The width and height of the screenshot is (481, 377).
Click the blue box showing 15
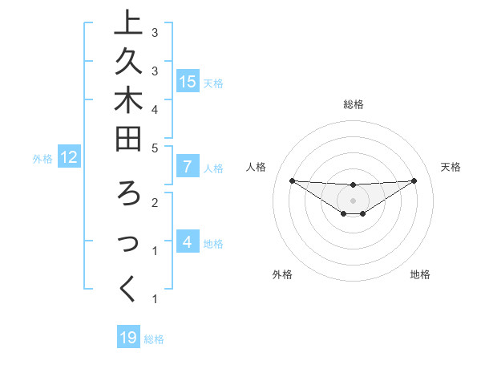tap(188, 81)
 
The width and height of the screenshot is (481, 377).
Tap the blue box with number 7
tap(188, 167)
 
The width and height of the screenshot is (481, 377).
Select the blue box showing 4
tap(188, 241)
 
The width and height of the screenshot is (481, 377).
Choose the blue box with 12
tap(70, 157)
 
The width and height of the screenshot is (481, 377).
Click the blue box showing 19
tap(128, 338)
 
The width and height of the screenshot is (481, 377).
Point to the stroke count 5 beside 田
tap(155, 148)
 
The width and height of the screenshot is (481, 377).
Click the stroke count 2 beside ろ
tap(155, 203)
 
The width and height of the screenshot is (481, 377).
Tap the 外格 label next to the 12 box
tap(42, 159)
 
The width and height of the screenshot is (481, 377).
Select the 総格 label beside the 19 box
tap(155, 339)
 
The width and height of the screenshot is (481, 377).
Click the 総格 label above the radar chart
tap(354, 104)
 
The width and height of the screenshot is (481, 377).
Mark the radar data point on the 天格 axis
tap(414, 180)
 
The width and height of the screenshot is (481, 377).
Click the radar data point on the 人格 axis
tap(292, 180)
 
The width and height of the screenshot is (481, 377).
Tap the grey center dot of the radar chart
tap(354, 201)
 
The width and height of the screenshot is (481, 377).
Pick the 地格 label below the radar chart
tap(420, 274)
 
